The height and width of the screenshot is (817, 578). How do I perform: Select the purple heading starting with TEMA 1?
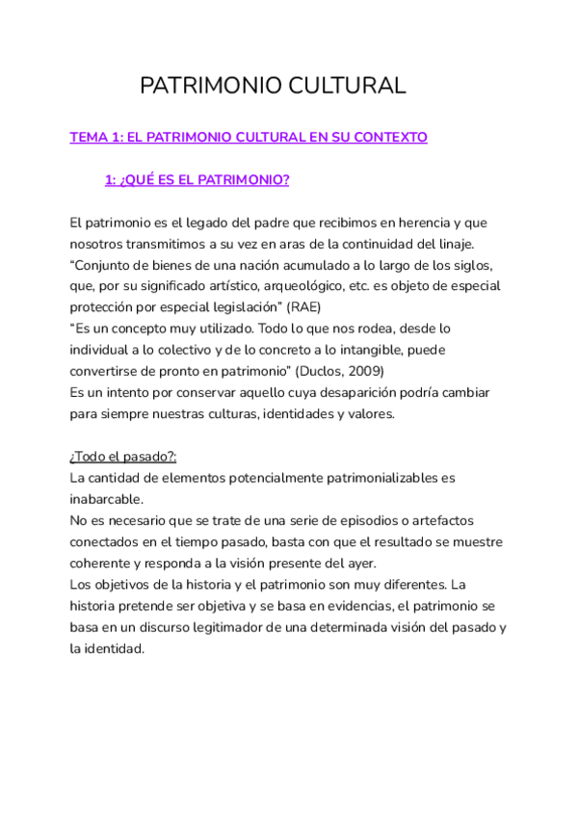[x=249, y=138]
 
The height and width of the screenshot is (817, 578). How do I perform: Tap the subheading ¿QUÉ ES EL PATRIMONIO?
[x=197, y=180]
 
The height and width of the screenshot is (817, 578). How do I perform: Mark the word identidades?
[x=272, y=413]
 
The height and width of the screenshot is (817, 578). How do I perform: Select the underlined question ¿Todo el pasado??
[x=122, y=457]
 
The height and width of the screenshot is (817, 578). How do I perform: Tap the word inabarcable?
[x=106, y=499]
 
